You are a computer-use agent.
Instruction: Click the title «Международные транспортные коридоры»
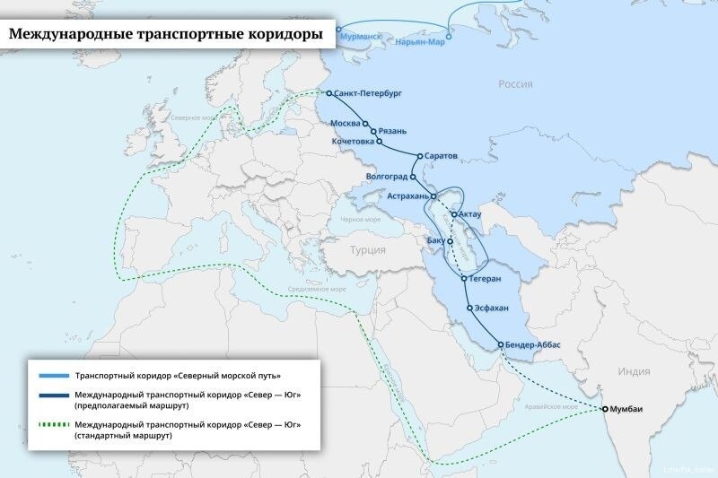tap(166, 35)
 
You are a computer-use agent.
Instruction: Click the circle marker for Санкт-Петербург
tap(329, 93)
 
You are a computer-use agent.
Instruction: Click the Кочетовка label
tap(352, 143)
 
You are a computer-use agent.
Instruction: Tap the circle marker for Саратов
tap(419, 156)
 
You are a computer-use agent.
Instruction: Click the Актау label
tap(470, 213)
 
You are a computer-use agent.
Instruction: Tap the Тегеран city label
tap(490, 279)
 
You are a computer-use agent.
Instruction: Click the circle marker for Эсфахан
tap(469, 309)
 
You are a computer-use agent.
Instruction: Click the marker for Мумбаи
tap(605, 409)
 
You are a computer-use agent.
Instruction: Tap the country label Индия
tap(634, 370)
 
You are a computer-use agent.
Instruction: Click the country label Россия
tap(515, 84)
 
